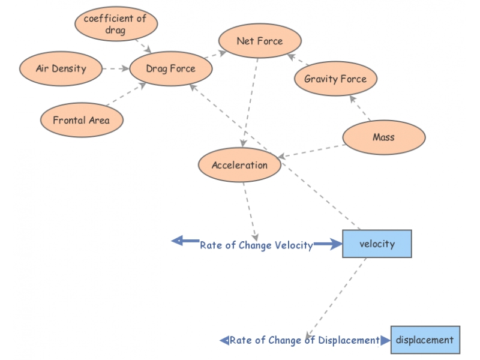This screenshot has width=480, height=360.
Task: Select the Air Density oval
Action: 61,68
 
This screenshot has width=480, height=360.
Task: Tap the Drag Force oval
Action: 170,69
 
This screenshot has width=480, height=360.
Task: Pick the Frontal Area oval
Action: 81,120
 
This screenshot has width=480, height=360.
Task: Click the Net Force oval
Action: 259,41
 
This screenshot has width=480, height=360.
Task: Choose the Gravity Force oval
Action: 335,79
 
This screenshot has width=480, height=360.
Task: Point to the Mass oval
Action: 383,137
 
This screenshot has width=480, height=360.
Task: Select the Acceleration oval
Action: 239,165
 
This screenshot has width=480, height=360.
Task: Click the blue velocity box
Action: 377,244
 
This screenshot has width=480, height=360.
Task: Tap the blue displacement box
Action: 425,340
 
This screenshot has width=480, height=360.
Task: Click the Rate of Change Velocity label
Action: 256,245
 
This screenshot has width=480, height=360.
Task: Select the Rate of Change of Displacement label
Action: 304,340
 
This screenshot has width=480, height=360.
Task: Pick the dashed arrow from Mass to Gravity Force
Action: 360,109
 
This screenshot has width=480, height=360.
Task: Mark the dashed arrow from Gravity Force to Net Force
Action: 299,60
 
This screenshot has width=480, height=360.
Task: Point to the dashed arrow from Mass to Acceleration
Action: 312,151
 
